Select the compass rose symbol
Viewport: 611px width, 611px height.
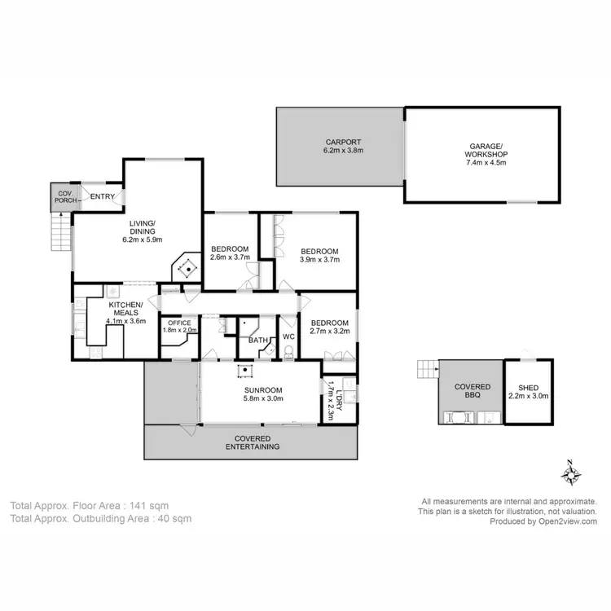tap(571, 472)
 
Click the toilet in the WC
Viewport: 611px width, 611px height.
tap(288, 353)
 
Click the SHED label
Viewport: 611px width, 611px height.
tap(528, 388)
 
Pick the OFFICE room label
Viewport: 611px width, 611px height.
tap(179, 323)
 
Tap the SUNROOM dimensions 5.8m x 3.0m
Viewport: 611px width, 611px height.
tap(263, 399)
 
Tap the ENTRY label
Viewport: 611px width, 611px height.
tap(102, 196)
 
